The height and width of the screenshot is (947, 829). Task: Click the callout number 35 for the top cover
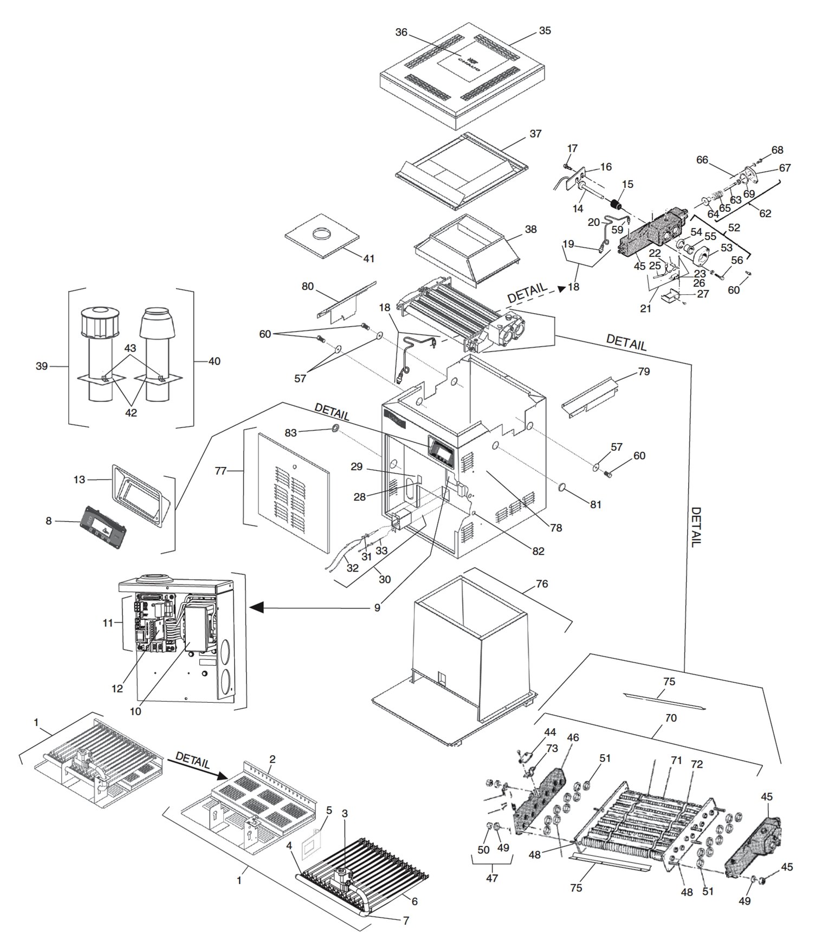pyautogui.click(x=545, y=31)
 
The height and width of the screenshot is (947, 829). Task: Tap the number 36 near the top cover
pyautogui.click(x=401, y=32)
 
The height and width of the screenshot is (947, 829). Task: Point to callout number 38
pyautogui.click(x=530, y=229)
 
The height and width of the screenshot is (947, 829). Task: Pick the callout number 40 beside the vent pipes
pyautogui.click(x=214, y=361)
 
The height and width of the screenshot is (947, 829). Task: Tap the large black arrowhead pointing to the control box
pyautogui.click(x=257, y=608)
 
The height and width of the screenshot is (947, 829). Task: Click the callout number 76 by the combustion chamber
pyautogui.click(x=542, y=584)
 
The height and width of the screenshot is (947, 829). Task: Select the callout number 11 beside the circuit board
pyautogui.click(x=108, y=623)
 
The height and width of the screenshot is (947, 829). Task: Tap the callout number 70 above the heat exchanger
pyautogui.click(x=670, y=718)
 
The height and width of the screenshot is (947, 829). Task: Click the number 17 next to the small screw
pyautogui.click(x=573, y=148)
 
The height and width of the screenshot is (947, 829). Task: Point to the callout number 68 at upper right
pyautogui.click(x=777, y=150)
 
